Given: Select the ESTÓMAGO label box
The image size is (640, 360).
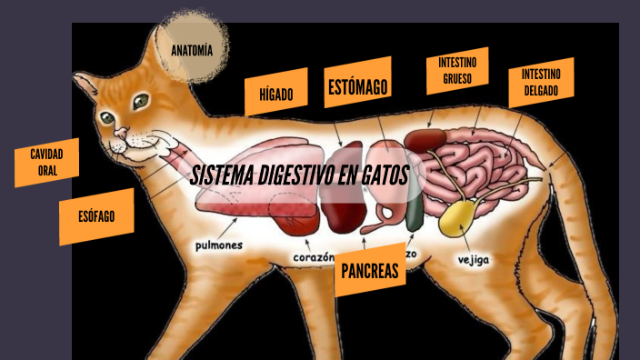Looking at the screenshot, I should coord(357,87).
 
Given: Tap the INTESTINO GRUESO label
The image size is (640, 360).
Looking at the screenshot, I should coord(457,71).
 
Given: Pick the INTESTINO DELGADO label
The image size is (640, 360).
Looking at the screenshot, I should coord(541,83).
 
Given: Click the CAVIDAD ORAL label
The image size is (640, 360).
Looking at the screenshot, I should coord(46,163).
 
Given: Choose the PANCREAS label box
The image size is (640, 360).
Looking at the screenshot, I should coord(370,270).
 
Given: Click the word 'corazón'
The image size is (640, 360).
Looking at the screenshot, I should coord(314,258).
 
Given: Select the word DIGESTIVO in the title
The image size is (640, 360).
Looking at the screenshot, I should coord(292,175).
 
